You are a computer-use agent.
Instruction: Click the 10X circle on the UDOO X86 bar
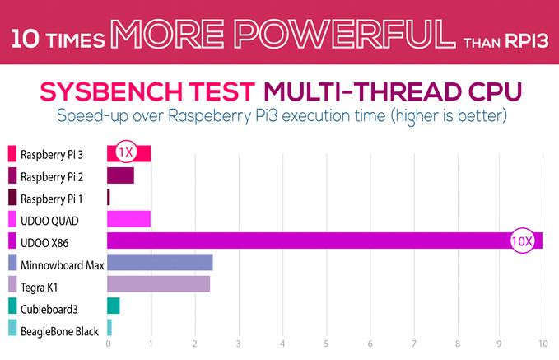pos(522,241)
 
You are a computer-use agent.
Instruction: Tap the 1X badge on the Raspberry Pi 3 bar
pos(125,152)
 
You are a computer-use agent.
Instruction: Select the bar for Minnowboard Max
pos(160,263)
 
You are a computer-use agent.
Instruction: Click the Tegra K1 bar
pos(158,284)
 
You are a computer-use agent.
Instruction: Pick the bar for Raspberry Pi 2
pos(120,175)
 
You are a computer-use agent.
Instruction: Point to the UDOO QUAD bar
pos(128,219)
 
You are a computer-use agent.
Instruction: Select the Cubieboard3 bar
pos(114,306)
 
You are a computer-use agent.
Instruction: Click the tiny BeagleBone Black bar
pos(109,328)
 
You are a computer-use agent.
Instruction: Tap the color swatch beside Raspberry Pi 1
pos(12,198)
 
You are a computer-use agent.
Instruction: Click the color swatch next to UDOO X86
pos(12,241)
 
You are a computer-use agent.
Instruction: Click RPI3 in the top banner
pos(523,40)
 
